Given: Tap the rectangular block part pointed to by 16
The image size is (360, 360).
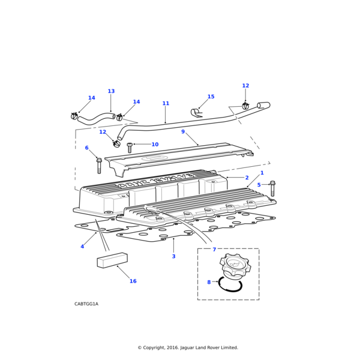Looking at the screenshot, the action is click(112, 260).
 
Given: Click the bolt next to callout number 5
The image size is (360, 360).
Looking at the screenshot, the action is click(272, 188).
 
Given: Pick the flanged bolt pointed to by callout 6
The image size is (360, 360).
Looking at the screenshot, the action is click(99, 166).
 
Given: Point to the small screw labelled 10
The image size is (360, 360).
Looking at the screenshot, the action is click(130, 148).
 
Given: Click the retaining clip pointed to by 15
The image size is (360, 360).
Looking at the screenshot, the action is click(196, 113).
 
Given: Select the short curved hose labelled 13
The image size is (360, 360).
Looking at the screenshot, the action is click(97, 118).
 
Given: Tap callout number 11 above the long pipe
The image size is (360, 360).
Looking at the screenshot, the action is click(166, 103).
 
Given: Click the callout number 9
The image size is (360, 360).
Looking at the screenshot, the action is click(183, 131).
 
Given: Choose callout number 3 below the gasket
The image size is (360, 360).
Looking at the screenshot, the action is click(173, 256).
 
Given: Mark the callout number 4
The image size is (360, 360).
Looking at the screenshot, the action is click(82, 247).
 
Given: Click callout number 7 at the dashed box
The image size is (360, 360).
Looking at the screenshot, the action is click(214, 250).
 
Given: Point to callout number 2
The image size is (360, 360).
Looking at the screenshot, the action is click(247, 178).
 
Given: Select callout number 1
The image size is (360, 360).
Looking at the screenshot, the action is click(262, 173).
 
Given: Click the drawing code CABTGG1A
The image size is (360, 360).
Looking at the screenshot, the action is click(86, 304).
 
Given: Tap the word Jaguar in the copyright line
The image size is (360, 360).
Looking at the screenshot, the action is click(188, 347).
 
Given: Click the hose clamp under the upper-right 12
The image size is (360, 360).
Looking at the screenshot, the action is click(245, 106).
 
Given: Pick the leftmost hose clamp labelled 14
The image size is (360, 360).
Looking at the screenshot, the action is click(74, 116).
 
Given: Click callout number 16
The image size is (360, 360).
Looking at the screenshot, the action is click(133, 281).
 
